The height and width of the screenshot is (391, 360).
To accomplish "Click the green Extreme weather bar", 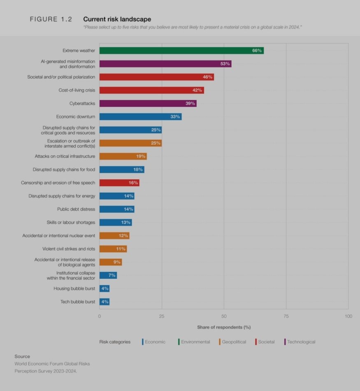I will pyautogui.click(x=181, y=51).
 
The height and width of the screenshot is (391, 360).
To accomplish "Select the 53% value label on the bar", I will pyautogui.click(x=225, y=64).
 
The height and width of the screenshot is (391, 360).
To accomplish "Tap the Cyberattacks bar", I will pyautogui.click(x=148, y=104).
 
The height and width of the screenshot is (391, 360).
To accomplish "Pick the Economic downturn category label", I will pyautogui.click(x=76, y=117).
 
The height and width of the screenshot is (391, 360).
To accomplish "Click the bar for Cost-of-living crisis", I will pyautogui.click(x=151, y=90).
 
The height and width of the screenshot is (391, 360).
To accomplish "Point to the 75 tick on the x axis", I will pyautogui.click(x=286, y=316).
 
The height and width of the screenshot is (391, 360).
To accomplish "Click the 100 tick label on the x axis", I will pyautogui.click(x=348, y=316).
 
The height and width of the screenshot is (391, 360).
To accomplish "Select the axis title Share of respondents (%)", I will pyautogui.click(x=224, y=327).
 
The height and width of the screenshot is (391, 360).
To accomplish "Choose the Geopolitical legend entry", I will pyautogui.click(x=233, y=342).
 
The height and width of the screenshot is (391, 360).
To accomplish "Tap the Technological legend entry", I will pyautogui.click(x=301, y=342).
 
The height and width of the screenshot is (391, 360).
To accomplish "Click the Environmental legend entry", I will pyautogui.click(x=195, y=342).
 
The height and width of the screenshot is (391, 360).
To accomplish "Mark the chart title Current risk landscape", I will pyautogui.click(x=117, y=19).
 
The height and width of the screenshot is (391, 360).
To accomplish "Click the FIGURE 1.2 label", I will pyautogui.click(x=51, y=19).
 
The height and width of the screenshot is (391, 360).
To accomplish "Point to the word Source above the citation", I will pyautogui.click(x=22, y=356).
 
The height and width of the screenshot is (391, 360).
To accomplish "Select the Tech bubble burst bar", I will pyautogui.click(x=104, y=302).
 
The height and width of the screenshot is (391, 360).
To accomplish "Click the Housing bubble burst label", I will pyautogui.click(x=74, y=289).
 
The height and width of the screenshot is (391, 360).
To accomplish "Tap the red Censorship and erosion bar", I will pyautogui.click(x=119, y=183).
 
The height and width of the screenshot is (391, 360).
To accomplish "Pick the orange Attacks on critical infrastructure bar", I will pyautogui.click(x=123, y=156).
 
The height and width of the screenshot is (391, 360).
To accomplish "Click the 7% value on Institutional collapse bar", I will pyautogui.click(x=112, y=275).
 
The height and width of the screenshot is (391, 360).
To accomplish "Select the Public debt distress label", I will pyautogui.click(x=76, y=209).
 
